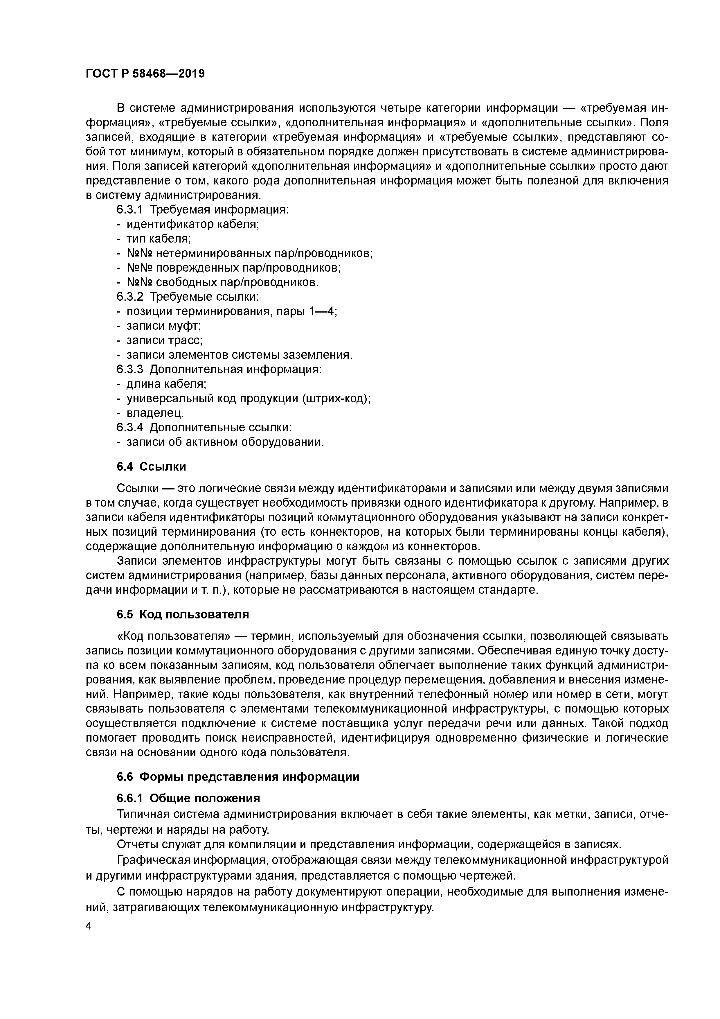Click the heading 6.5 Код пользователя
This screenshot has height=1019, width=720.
coord(183,614)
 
